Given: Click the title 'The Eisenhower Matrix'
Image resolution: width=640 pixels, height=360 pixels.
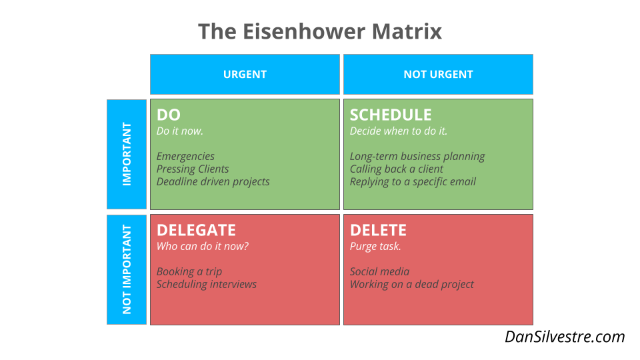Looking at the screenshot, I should pyautogui.click(x=320, y=31).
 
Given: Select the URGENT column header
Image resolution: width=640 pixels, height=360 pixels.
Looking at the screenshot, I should pyautogui.click(x=245, y=75).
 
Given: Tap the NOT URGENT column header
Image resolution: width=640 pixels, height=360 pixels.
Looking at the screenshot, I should pyautogui.click(x=438, y=75).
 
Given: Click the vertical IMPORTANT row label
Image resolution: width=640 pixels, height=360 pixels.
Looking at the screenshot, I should pyautogui.click(x=127, y=154).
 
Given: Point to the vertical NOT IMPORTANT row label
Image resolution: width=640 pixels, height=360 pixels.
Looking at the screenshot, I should pyautogui.click(x=127, y=269).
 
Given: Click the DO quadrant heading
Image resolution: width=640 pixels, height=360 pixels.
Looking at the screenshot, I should pyautogui.click(x=169, y=115).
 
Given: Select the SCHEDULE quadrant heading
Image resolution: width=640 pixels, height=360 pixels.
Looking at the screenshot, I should pyautogui.click(x=391, y=115).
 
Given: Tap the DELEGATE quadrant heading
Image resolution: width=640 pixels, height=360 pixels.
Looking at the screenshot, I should pyautogui.click(x=196, y=230).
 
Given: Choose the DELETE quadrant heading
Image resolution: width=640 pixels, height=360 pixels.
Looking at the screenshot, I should pyautogui.click(x=378, y=230).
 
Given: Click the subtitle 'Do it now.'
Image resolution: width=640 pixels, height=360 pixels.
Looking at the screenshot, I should pyautogui.click(x=180, y=131).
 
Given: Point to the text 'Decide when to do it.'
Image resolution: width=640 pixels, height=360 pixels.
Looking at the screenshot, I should pyautogui.click(x=399, y=131).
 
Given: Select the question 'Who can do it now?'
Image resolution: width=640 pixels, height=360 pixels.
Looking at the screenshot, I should pyautogui.click(x=203, y=247).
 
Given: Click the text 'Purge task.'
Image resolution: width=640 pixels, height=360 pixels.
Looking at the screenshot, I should pyautogui.click(x=375, y=247).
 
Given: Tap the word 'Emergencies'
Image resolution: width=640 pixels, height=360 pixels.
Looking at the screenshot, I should pyautogui.click(x=186, y=157).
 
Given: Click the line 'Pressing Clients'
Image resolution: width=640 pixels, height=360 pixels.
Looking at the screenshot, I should pyautogui.click(x=193, y=169).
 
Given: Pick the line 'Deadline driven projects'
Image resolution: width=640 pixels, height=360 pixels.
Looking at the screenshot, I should pyautogui.click(x=213, y=182).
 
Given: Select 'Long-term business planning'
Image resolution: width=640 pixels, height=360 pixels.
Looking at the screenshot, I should pyautogui.click(x=417, y=157).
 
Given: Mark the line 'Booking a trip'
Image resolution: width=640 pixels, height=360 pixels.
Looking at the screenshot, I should pyautogui.click(x=189, y=272).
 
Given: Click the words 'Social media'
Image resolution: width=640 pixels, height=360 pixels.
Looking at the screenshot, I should pyautogui.click(x=380, y=272).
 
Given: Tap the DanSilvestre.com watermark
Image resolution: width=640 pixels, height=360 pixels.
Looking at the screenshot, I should pyautogui.click(x=565, y=337).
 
